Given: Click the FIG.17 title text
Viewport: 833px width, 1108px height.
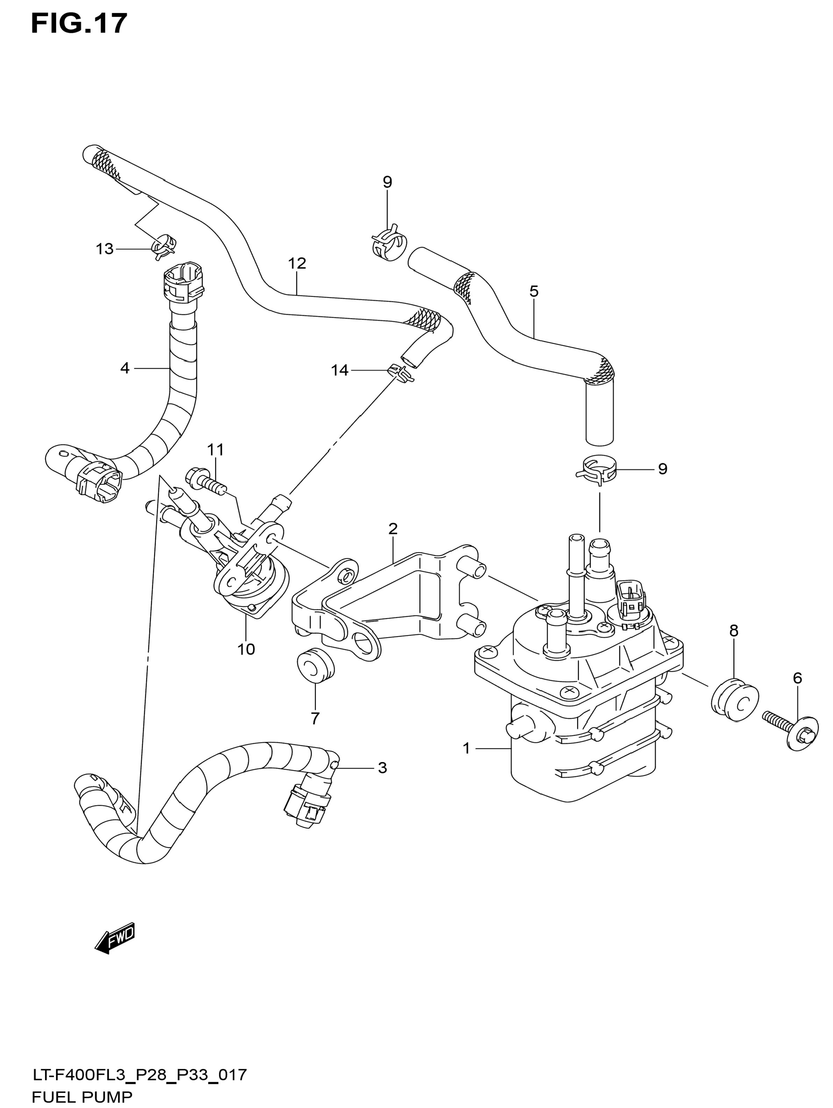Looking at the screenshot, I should tap(79, 24).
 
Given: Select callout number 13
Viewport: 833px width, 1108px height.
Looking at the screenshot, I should tap(105, 249).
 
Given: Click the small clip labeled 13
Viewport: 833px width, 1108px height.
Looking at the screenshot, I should tap(164, 246).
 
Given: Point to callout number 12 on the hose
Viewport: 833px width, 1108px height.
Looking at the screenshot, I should tap(297, 263).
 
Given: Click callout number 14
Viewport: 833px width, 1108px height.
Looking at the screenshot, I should tap(340, 370).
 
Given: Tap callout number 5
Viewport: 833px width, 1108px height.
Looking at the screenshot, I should tap(534, 291).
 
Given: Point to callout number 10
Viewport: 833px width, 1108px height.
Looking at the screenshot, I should tap(246, 649).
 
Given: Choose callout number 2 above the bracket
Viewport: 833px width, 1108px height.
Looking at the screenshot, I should tap(393, 528).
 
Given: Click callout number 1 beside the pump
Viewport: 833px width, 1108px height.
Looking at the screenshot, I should tap(467, 748).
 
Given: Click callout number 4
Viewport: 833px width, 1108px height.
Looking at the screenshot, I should tap(124, 368).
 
